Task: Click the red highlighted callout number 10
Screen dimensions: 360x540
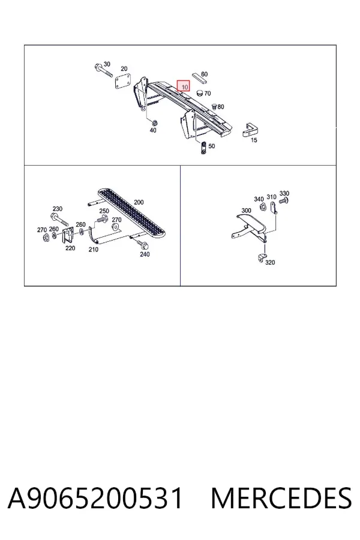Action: point(183,86)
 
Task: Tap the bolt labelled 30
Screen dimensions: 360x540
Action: point(103,70)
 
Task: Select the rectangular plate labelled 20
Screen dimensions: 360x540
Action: point(123,82)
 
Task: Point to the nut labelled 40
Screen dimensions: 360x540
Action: point(154,122)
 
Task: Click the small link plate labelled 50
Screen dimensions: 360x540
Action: point(204,148)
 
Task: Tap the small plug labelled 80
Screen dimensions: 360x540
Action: point(214,106)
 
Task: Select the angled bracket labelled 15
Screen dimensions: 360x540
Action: point(251,130)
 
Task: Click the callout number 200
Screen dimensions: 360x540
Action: point(139,202)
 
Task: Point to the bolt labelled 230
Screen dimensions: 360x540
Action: point(59,220)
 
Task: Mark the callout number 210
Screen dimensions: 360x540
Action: point(94,250)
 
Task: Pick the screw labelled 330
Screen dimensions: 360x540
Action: point(284,200)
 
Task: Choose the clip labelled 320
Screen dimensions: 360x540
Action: point(262,257)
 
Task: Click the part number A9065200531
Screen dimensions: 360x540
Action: point(95,498)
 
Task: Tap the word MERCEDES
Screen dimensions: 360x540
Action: point(281,498)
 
